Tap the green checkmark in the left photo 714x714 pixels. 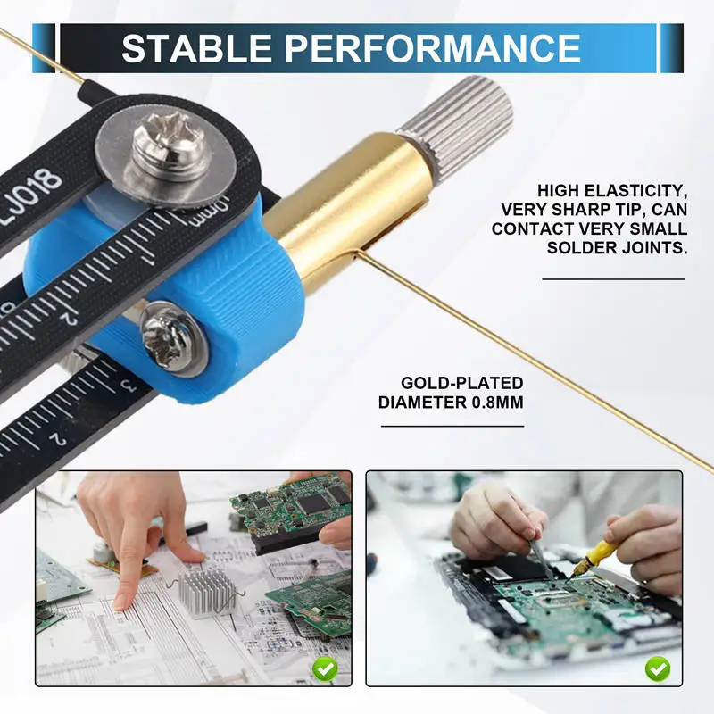pyautogui.click(x=325, y=667)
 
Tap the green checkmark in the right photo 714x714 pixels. pyautogui.click(x=658, y=667)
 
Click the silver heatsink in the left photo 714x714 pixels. pyautogui.click(x=208, y=592)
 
